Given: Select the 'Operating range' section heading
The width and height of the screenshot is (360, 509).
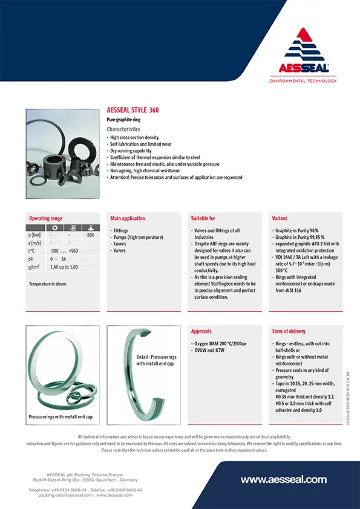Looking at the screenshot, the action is (x=45, y=218).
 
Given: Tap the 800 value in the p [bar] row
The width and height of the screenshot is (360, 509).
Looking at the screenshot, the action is (x=90, y=235).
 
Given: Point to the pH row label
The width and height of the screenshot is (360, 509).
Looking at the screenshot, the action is (x=31, y=258).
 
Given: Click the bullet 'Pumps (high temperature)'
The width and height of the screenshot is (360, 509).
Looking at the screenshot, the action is (x=139, y=237).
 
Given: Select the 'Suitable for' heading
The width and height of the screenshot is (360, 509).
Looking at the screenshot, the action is (x=203, y=218).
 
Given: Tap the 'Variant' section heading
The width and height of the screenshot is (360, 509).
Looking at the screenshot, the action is (x=280, y=218).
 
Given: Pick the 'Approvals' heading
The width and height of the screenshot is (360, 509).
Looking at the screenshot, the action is (x=201, y=331).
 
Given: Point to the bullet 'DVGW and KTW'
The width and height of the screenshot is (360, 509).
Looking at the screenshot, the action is (x=209, y=350).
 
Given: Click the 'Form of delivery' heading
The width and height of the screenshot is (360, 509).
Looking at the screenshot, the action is (x=289, y=331).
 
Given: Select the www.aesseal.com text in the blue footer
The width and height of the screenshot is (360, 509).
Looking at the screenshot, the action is (x=283, y=479).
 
